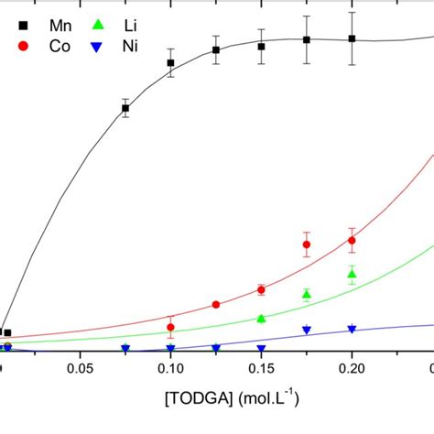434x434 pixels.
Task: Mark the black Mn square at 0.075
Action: pos(125,108)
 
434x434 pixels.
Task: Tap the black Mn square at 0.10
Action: pos(171,63)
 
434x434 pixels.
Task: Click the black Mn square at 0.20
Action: pos(352,38)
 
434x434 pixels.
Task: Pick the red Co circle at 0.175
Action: pos(307,244)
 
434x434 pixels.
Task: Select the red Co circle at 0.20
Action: pos(352,241)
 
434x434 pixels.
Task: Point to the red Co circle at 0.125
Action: pos(216,305)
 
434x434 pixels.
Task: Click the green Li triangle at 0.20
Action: pos(352,273)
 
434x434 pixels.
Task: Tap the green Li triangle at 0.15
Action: pos(262,318)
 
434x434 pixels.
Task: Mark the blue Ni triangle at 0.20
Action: pos(352,329)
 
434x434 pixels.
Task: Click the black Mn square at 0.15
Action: pos(262,46)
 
